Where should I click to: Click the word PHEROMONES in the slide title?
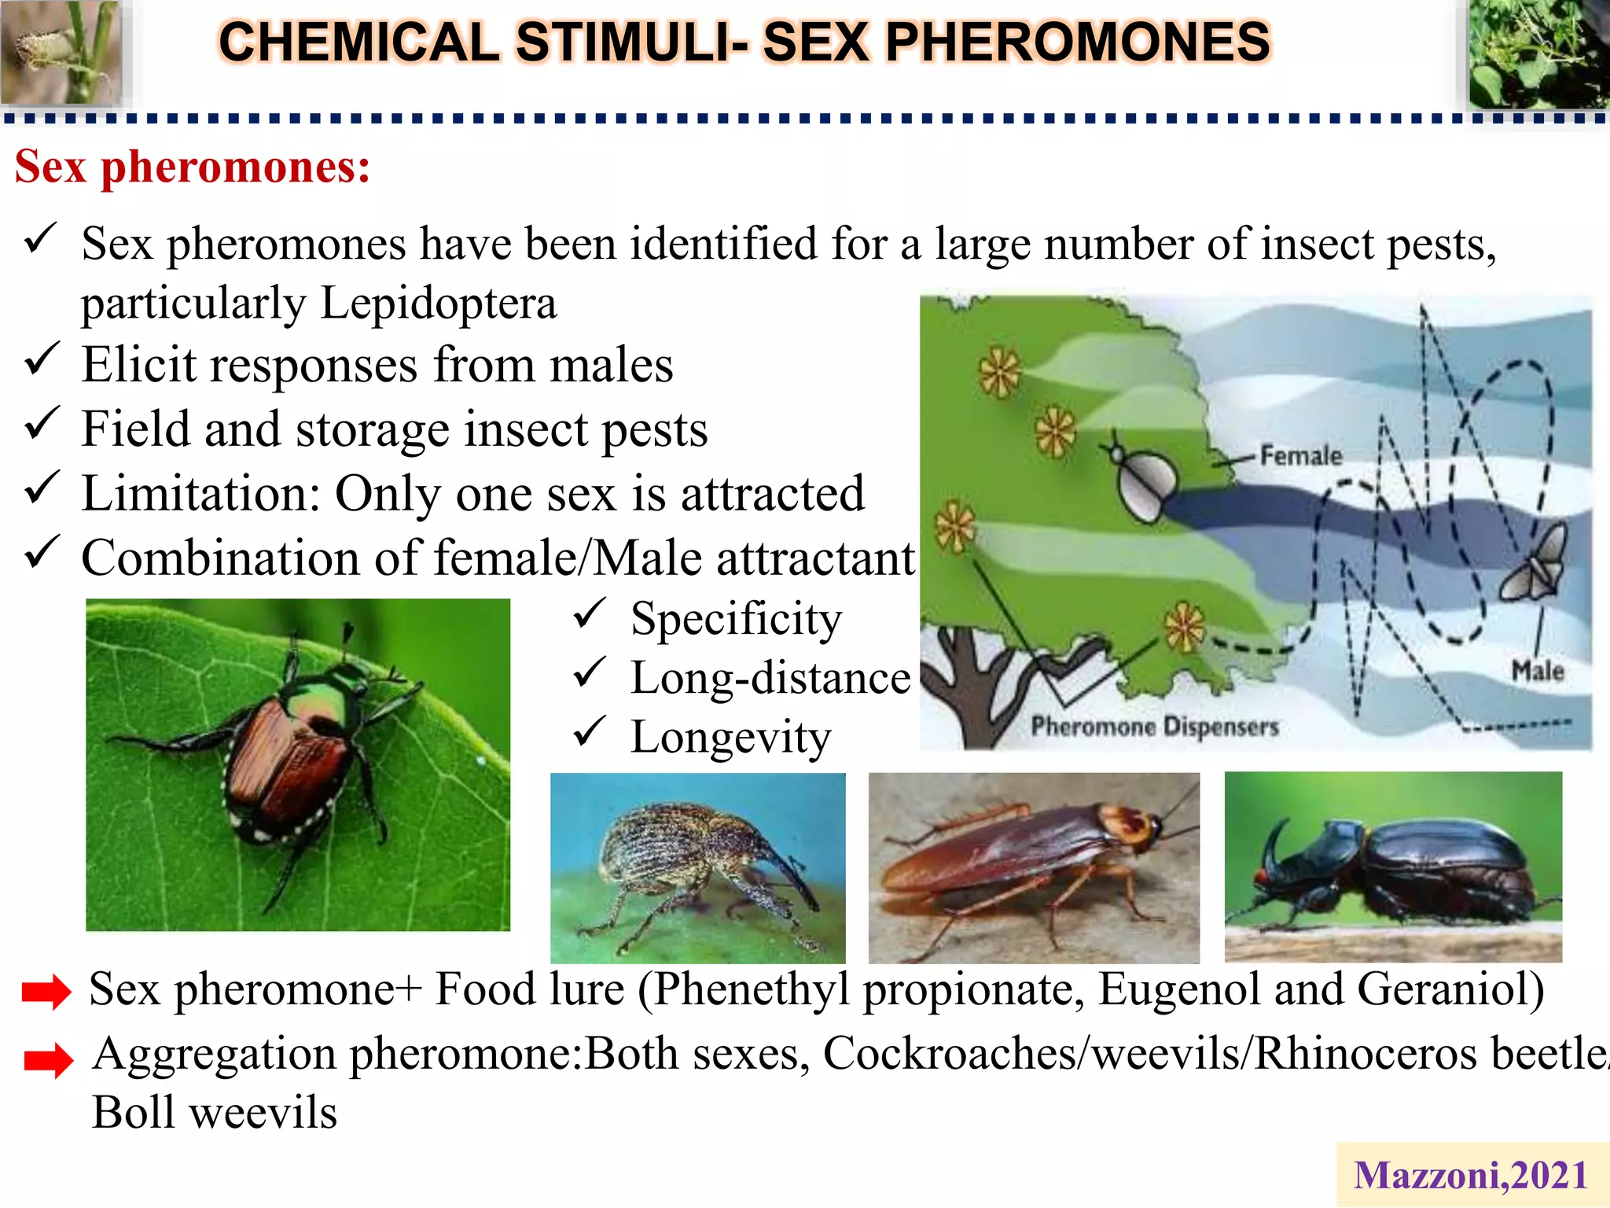[1077, 42]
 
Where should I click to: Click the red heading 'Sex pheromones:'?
[193, 168]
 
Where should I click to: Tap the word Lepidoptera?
[439, 304]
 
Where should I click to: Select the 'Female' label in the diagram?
[1301, 455]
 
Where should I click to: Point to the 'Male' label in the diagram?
[1537, 671]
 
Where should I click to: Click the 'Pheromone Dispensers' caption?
[1154, 726]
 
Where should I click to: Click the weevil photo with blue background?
[698, 868]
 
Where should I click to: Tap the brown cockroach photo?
[1034, 868]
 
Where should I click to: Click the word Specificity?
[736, 619]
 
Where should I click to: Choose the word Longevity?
[730, 738]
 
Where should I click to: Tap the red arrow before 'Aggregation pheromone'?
[48, 1060]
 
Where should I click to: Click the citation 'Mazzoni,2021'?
[1470, 1176]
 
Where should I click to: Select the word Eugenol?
[1178, 989]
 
